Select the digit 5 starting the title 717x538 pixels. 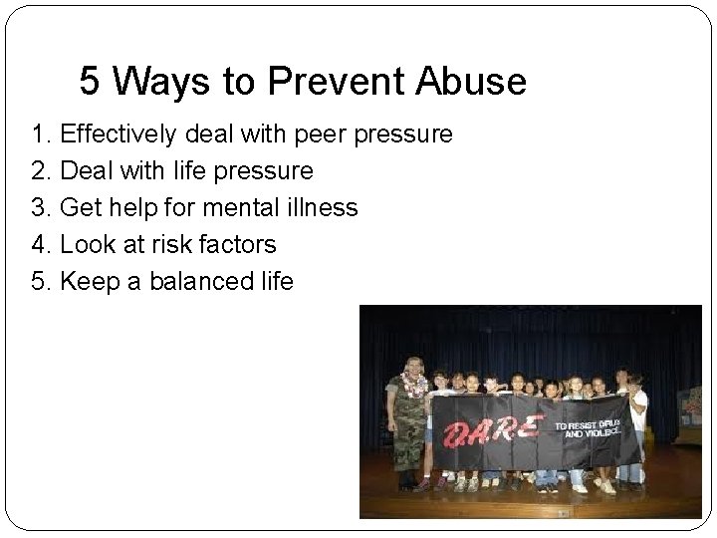(x=90, y=83)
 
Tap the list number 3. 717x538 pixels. (x=41, y=208)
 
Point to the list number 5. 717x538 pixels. (x=41, y=282)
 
